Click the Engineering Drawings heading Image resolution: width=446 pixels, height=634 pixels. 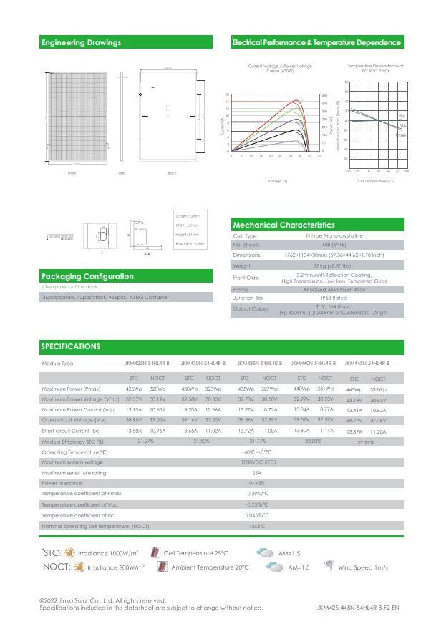click(x=81, y=42)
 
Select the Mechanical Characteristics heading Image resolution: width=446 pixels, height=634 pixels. click(x=283, y=225)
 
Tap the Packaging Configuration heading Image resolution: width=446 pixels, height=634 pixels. click(x=87, y=276)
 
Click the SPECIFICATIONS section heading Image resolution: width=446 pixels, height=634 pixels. click(x=70, y=346)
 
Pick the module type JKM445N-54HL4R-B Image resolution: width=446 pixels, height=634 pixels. click(x=367, y=364)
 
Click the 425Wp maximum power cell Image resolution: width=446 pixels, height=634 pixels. click(x=133, y=389)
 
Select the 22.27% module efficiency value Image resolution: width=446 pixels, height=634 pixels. click(x=365, y=442)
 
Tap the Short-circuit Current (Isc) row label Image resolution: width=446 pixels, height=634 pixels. click(x=71, y=431)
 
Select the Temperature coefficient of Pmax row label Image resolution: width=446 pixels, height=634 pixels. click(x=81, y=494)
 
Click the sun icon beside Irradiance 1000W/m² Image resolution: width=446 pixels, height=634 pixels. click(x=69, y=553)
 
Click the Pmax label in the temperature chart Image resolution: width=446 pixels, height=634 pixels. click(x=402, y=135)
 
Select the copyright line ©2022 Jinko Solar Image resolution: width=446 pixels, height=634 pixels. click(x=102, y=600)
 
